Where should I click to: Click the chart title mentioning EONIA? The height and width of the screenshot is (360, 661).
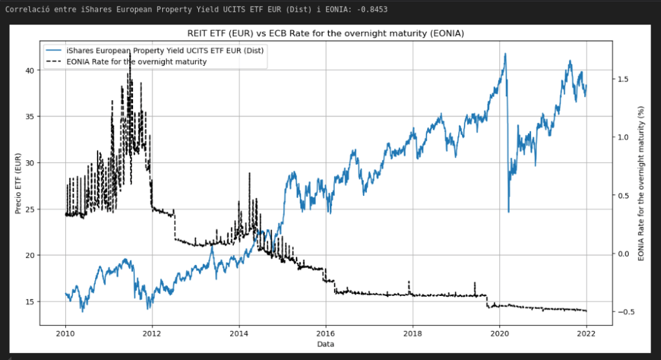pyautogui.click(x=325, y=33)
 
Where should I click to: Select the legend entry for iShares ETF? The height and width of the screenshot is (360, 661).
pyautogui.click(x=165, y=50)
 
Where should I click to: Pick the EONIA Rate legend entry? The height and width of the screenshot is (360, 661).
pyautogui.click(x=136, y=62)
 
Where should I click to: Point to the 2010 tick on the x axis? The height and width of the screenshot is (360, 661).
pyautogui.click(x=65, y=334)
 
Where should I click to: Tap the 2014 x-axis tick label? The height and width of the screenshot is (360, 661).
pyautogui.click(x=238, y=334)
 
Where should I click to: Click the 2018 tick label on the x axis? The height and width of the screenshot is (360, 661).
pyautogui.click(x=412, y=334)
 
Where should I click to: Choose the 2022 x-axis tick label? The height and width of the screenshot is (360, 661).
pyautogui.click(x=585, y=334)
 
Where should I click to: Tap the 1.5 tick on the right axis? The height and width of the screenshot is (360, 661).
pyautogui.click(x=623, y=79)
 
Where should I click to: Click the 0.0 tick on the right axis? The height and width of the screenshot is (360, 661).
pyautogui.click(x=623, y=254)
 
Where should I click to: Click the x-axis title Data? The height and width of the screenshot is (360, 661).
pyautogui.click(x=325, y=345)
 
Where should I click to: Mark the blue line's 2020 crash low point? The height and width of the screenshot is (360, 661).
pyautogui.click(x=509, y=211)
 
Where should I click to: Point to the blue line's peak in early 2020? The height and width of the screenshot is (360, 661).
pyautogui.click(x=505, y=54)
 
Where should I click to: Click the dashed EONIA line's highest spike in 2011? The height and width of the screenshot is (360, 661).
pyautogui.click(x=130, y=58)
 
